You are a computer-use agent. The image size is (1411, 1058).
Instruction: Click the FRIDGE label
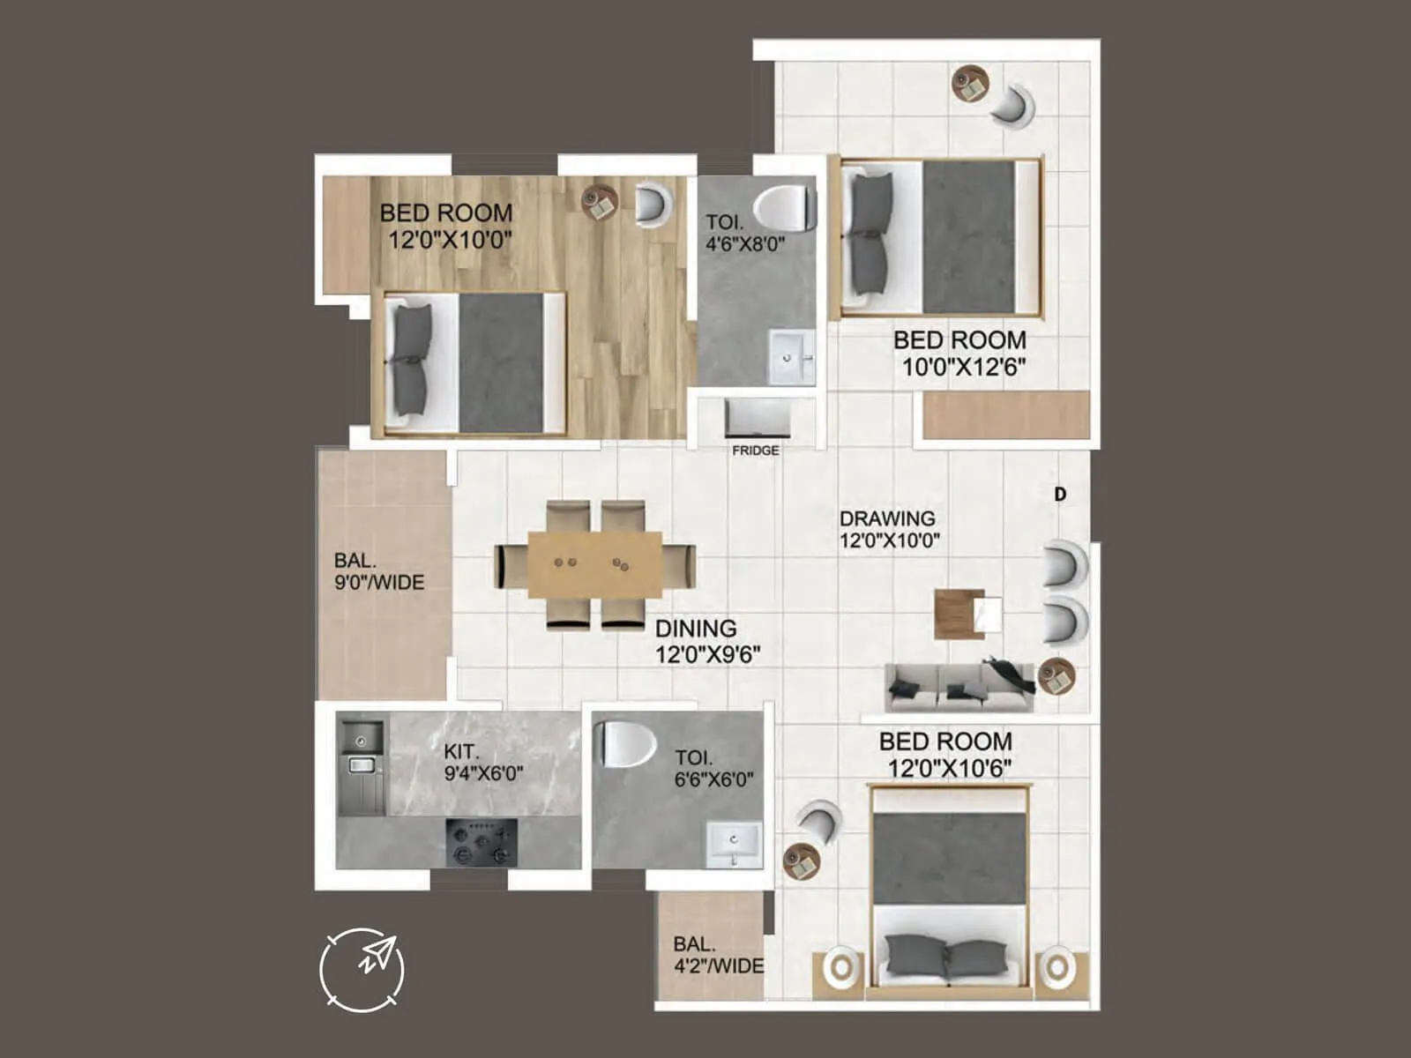coord(756,451)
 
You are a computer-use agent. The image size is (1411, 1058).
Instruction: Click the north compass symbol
coord(362,970)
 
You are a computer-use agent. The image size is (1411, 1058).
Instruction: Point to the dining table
coord(594,564)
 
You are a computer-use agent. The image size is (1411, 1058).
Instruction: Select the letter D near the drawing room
coord(1060,495)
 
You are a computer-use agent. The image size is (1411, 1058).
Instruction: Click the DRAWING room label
coord(887,518)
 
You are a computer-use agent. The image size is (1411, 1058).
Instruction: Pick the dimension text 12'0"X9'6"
coord(707,655)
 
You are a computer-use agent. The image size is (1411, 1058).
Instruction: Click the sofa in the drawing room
coord(959,686)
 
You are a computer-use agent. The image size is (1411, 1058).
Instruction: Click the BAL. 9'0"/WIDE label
coord(379,571)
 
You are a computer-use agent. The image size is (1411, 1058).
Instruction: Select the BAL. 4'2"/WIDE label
coord(718,955)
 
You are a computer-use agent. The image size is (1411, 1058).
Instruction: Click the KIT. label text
coord(461,752)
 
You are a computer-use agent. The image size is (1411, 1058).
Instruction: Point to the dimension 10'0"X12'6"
coord(963,368)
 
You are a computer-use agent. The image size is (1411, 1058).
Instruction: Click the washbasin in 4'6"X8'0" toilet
coord(791,357)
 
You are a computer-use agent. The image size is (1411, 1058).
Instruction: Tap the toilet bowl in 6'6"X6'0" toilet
coord(626,743)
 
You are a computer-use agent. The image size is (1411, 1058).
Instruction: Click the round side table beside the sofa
coord(1056,676)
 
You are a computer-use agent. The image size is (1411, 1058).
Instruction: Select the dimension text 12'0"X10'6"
coord(949,769)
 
